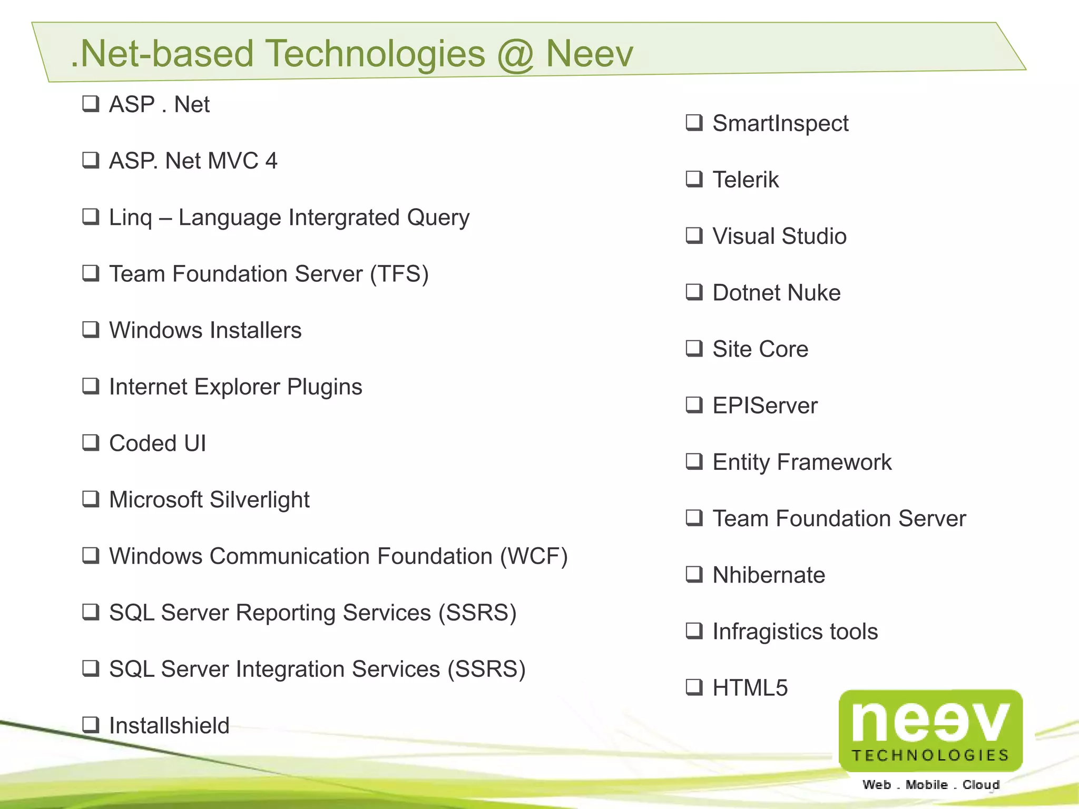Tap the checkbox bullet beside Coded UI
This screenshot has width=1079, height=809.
91,442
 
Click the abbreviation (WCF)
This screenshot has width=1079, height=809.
533,556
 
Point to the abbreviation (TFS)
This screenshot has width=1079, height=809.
399,274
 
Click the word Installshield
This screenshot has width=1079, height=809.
169,726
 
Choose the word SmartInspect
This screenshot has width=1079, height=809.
780,124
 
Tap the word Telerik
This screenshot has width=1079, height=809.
746,180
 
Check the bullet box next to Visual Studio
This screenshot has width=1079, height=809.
694,235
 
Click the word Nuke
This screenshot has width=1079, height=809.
816,293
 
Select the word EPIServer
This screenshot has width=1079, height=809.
765,406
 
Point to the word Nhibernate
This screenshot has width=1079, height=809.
769,575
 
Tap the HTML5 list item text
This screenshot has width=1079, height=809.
750,688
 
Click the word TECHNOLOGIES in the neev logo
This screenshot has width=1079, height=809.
930,755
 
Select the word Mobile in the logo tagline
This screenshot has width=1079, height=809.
926,785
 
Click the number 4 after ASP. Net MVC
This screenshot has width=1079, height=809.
271,161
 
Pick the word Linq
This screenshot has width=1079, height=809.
131,218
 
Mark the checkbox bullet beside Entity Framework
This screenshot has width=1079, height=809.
694,461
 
